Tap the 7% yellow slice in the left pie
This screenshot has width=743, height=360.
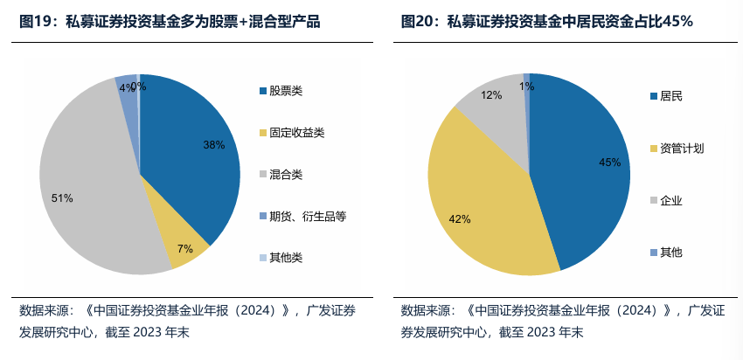click(x=179, y=240)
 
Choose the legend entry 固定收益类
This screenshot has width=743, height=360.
click(x=296, y=133)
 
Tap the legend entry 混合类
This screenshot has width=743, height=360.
click(x=286, y=175)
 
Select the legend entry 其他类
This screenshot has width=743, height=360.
click(x=286, y=258)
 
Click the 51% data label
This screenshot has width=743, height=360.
click(x=62, y=198)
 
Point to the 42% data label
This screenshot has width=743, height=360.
click(x=460, y=218)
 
